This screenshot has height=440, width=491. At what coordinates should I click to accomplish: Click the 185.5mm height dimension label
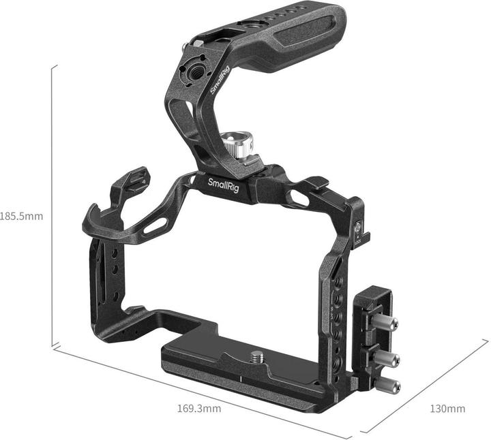pyautogui.click(x=22, y=217)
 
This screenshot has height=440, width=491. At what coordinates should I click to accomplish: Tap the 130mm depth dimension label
pyautogui.click(x=447, y=409)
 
